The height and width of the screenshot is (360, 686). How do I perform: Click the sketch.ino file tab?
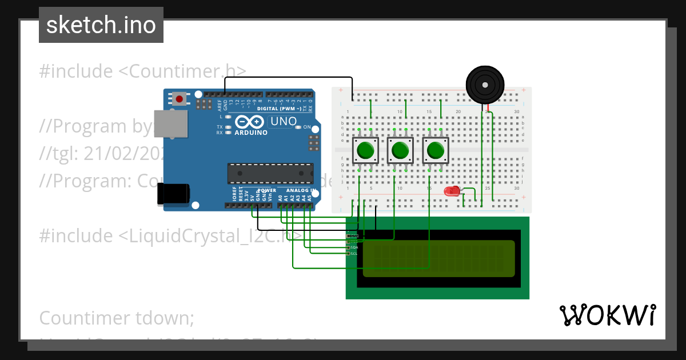[x=101, y=25]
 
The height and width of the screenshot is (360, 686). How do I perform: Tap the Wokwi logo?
[x=607, y=315]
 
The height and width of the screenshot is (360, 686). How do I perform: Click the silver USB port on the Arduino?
[x=171, y=123]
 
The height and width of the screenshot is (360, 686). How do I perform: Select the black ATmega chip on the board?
[x=270, y=173]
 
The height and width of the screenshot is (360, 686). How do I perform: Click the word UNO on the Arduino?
[x=284, y=121]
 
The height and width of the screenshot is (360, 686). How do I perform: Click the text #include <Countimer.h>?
[x=143, y=71]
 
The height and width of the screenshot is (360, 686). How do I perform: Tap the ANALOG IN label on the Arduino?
[x=299, y=190]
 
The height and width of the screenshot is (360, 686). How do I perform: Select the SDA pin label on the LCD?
[x=353, y=247]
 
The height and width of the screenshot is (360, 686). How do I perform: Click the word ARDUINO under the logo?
[x=251, y=133]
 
